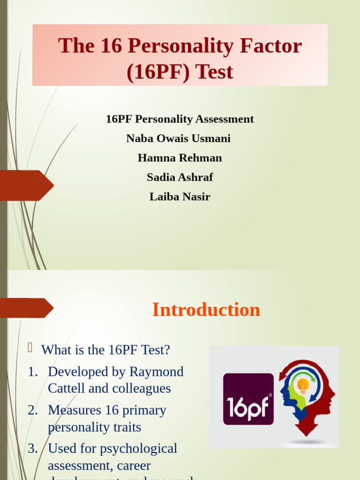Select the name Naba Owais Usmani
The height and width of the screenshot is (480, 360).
coord(178,138)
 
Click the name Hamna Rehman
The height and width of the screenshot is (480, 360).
coord(180,158)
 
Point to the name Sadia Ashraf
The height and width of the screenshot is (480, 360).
coord(180,177)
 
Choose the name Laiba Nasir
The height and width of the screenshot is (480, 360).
coord(180,197)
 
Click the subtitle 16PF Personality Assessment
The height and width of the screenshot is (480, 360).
coord(180,119)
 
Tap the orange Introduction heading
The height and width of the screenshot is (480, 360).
coord(206,310)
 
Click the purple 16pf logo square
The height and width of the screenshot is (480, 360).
coord(248,399)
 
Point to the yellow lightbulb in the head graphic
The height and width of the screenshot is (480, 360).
coord(303,386)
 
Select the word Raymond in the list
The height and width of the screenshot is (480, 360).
coord(156,372)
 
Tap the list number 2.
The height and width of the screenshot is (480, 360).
coord(32,410)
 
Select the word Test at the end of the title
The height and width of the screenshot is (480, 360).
coord(214,72)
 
